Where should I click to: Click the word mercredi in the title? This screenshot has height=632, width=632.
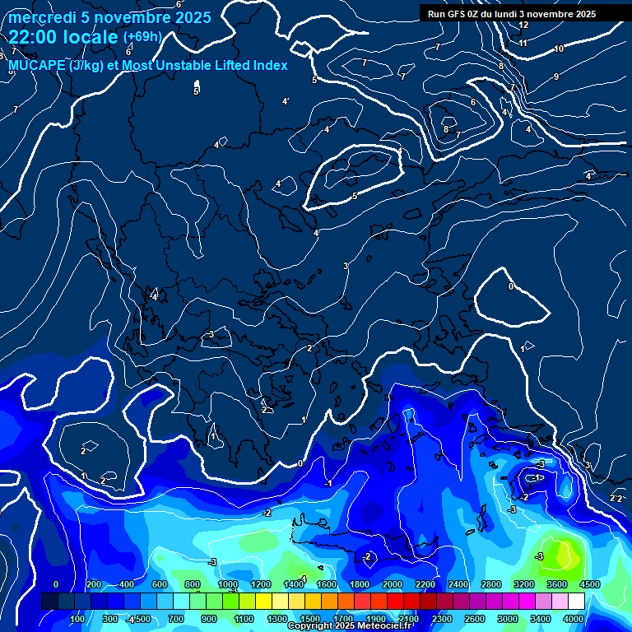click(42, 17)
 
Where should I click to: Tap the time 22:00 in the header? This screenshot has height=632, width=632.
click(34, 37)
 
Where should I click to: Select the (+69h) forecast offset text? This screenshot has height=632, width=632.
click(142, 37)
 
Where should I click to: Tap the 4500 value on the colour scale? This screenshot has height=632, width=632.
click(589, 584)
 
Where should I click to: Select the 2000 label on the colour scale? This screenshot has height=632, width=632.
click(392, 584)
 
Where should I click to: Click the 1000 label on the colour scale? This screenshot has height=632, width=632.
click(227, 584)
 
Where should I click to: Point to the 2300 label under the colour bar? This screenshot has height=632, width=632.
click(442, 619)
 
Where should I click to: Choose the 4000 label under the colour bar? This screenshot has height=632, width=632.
click(574, 619)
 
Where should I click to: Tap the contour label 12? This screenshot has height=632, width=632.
click(523, 25)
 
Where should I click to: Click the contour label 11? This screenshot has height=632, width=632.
click(523, 43)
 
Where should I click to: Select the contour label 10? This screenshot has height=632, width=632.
click(559, 49)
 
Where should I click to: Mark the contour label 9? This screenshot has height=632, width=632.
click(556, 77)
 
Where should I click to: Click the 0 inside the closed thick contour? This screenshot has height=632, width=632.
click(511, 286)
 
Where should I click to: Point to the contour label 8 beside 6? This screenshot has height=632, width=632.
click(446, 129)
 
